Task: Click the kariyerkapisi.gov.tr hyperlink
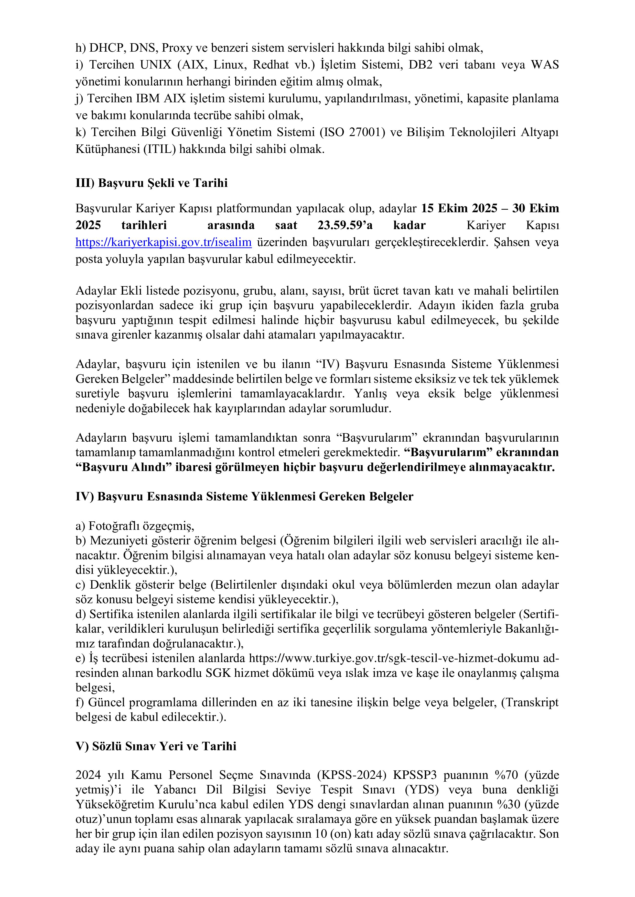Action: coord(164,243)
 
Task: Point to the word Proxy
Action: coord(176,48)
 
